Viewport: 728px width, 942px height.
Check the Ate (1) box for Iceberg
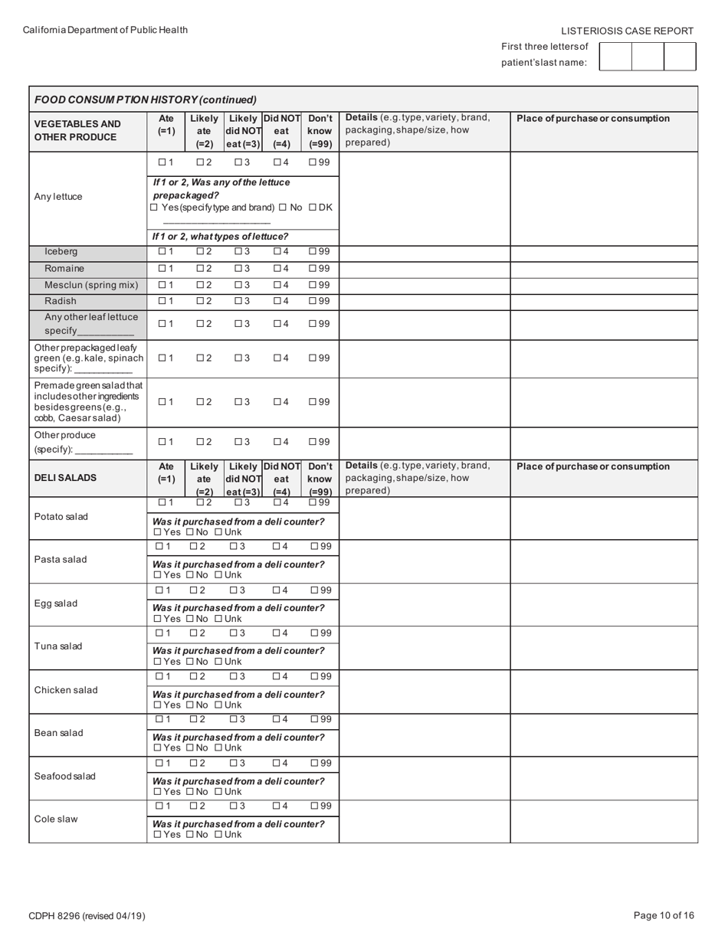click(162, 251)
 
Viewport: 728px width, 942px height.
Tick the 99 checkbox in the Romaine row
click(313, 268)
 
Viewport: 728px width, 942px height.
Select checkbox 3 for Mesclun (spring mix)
click(238, 285)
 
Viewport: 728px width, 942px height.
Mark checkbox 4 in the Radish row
click(277, 301)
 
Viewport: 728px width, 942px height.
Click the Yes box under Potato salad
click(157, 532)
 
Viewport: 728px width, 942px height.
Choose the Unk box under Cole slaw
click(218, 834)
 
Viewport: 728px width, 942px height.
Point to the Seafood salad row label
click(65, 776)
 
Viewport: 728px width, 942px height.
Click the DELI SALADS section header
click(65, 477)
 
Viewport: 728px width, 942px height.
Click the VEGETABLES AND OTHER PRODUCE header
click(77, 130)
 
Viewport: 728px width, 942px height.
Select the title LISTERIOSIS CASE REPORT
click(627, 31)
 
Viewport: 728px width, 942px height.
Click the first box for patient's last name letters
click(615, 57)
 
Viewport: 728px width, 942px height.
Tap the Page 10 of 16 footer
click(664, 915)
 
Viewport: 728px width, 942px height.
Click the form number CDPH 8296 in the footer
click(87, 916)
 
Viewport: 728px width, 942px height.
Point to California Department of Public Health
click(105, 30)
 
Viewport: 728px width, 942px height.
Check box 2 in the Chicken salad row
click(193, 676)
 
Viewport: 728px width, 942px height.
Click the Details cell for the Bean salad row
click(425, 734)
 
